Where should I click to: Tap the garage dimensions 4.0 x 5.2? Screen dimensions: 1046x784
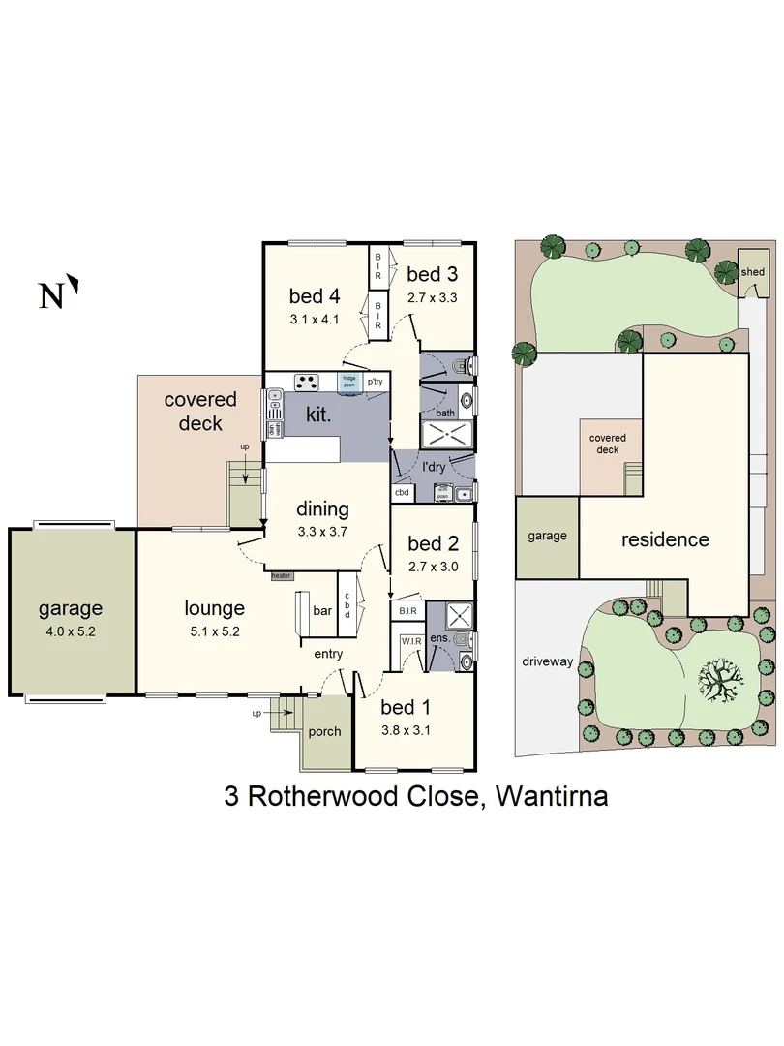tap(70, 632)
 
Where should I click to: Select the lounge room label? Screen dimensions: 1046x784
tap(214, 608)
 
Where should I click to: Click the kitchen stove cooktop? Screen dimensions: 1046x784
tap(307, 382)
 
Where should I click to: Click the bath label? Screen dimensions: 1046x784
tap(444, 414)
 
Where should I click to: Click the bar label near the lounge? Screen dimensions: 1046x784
tap(321, 612)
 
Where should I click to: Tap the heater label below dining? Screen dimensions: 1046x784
tap(281, 575)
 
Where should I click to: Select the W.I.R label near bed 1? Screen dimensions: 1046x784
tap(408, 640)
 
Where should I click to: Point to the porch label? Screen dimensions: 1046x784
tap(324, 731)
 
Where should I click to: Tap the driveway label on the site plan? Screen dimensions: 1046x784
tap(548, 663)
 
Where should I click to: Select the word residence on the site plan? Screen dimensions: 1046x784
tap(665, 539)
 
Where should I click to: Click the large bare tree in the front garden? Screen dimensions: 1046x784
tap(718, 680)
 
